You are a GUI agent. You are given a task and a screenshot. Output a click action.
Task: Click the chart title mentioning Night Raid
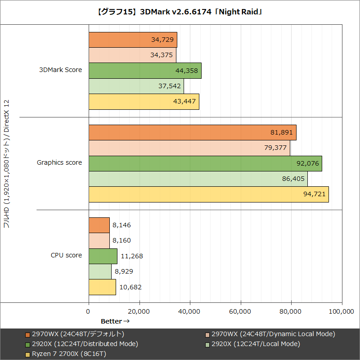point(180,12)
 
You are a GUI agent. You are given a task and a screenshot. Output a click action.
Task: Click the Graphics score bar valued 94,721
point(208,194)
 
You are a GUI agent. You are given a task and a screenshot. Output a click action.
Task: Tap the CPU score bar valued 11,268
point(103,256)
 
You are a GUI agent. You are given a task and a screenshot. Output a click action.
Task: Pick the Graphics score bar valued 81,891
point(192,133)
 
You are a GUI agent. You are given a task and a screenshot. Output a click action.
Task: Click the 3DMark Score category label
point(61,70)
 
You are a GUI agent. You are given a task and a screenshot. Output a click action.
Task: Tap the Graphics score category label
point(59,162)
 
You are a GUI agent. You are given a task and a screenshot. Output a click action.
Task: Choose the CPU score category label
point(66,255)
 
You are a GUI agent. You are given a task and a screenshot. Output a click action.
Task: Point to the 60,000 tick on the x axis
point(241,311)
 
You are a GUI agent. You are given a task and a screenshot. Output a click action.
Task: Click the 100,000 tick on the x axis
point(342,311)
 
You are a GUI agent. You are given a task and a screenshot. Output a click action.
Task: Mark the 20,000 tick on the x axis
point(139,311)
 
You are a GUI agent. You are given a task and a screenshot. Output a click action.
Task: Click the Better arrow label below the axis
point(115,321)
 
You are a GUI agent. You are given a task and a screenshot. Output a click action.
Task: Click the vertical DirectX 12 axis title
point(7,164)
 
